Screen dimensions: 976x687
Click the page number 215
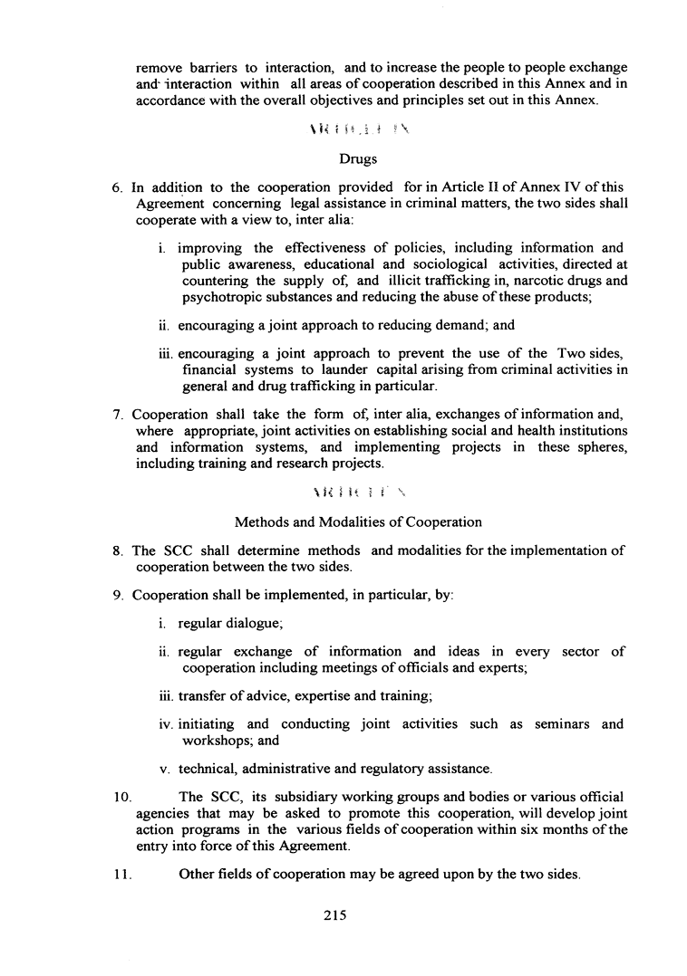pos(336,915)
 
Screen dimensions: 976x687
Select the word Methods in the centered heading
pos(264,522)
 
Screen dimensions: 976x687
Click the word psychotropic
pos(223,296)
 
